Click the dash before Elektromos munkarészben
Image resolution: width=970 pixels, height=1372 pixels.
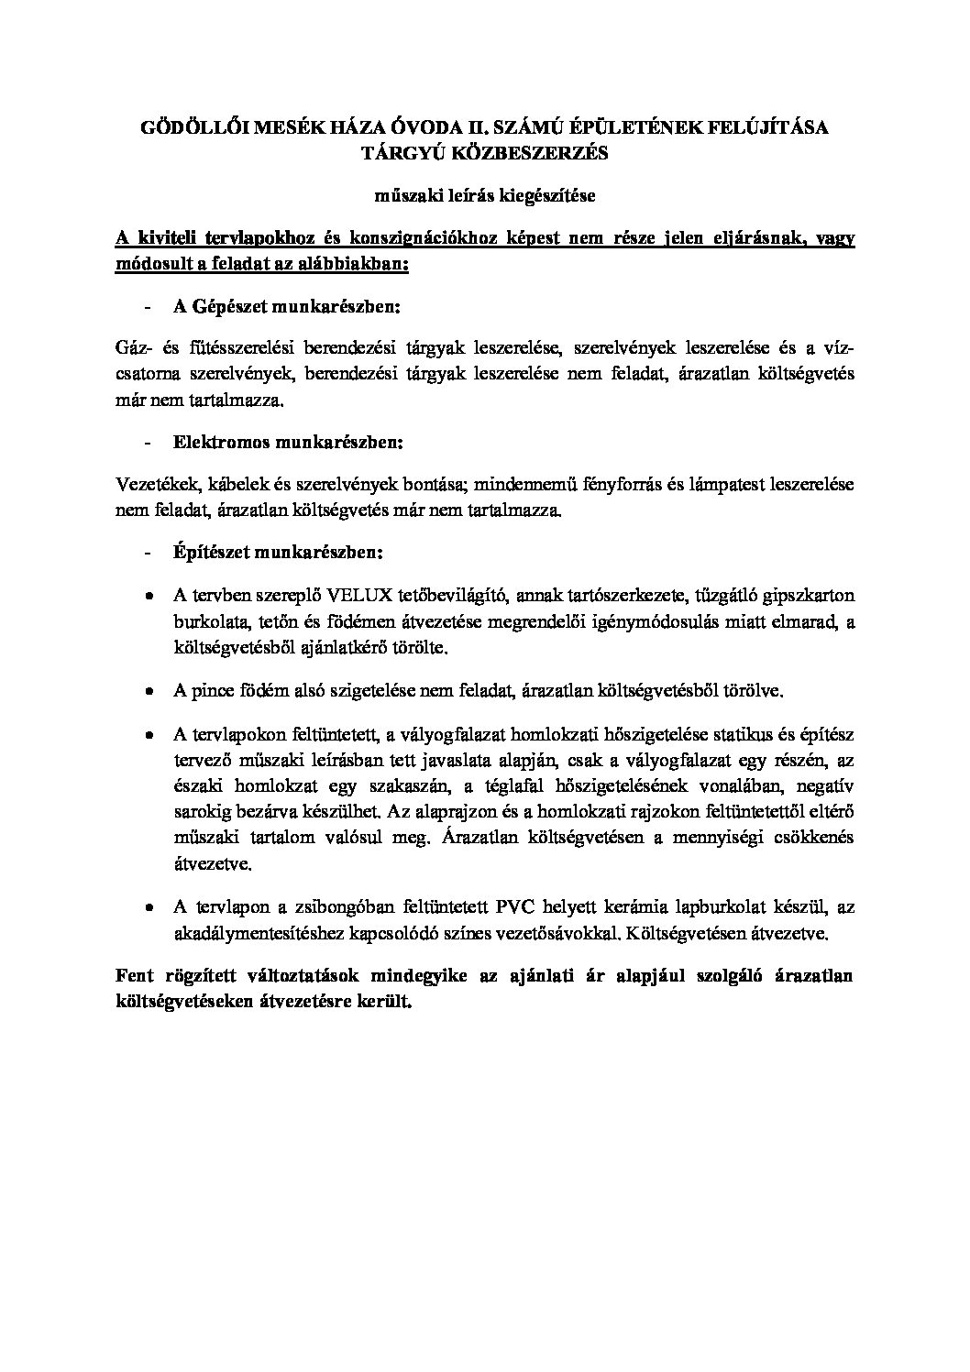pos(148,442)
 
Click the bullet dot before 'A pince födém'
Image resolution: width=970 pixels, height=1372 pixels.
pos(148,691)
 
